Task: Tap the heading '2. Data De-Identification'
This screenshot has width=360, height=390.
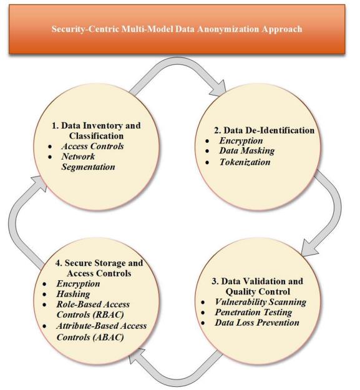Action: tap(265, 130)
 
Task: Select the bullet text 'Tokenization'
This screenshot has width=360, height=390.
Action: tap(245, 162)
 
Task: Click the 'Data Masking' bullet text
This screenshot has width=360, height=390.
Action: tap(247, 151)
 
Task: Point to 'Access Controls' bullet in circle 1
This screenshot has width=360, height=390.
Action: tap(92, 146)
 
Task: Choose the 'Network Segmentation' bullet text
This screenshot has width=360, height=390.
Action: tap(88, 162)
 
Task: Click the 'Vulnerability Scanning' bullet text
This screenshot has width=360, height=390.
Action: tap(261, 302)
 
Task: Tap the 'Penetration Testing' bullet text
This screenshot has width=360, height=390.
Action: tap(253, 312)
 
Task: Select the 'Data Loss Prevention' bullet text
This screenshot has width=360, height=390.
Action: tap(257, 323)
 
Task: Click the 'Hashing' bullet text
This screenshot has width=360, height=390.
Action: tap(73, 294)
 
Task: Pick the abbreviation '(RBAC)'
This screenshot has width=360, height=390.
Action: tap(108, 314)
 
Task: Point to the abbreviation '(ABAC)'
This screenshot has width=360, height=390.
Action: tap(108, 337)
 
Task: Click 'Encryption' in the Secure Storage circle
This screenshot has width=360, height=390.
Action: tap(78, 283)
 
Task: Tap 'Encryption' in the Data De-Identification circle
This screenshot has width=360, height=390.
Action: tap(241, 140)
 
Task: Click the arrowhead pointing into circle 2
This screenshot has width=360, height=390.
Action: tap(219, 89)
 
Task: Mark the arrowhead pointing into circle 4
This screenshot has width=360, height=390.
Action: tap(136, 356)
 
